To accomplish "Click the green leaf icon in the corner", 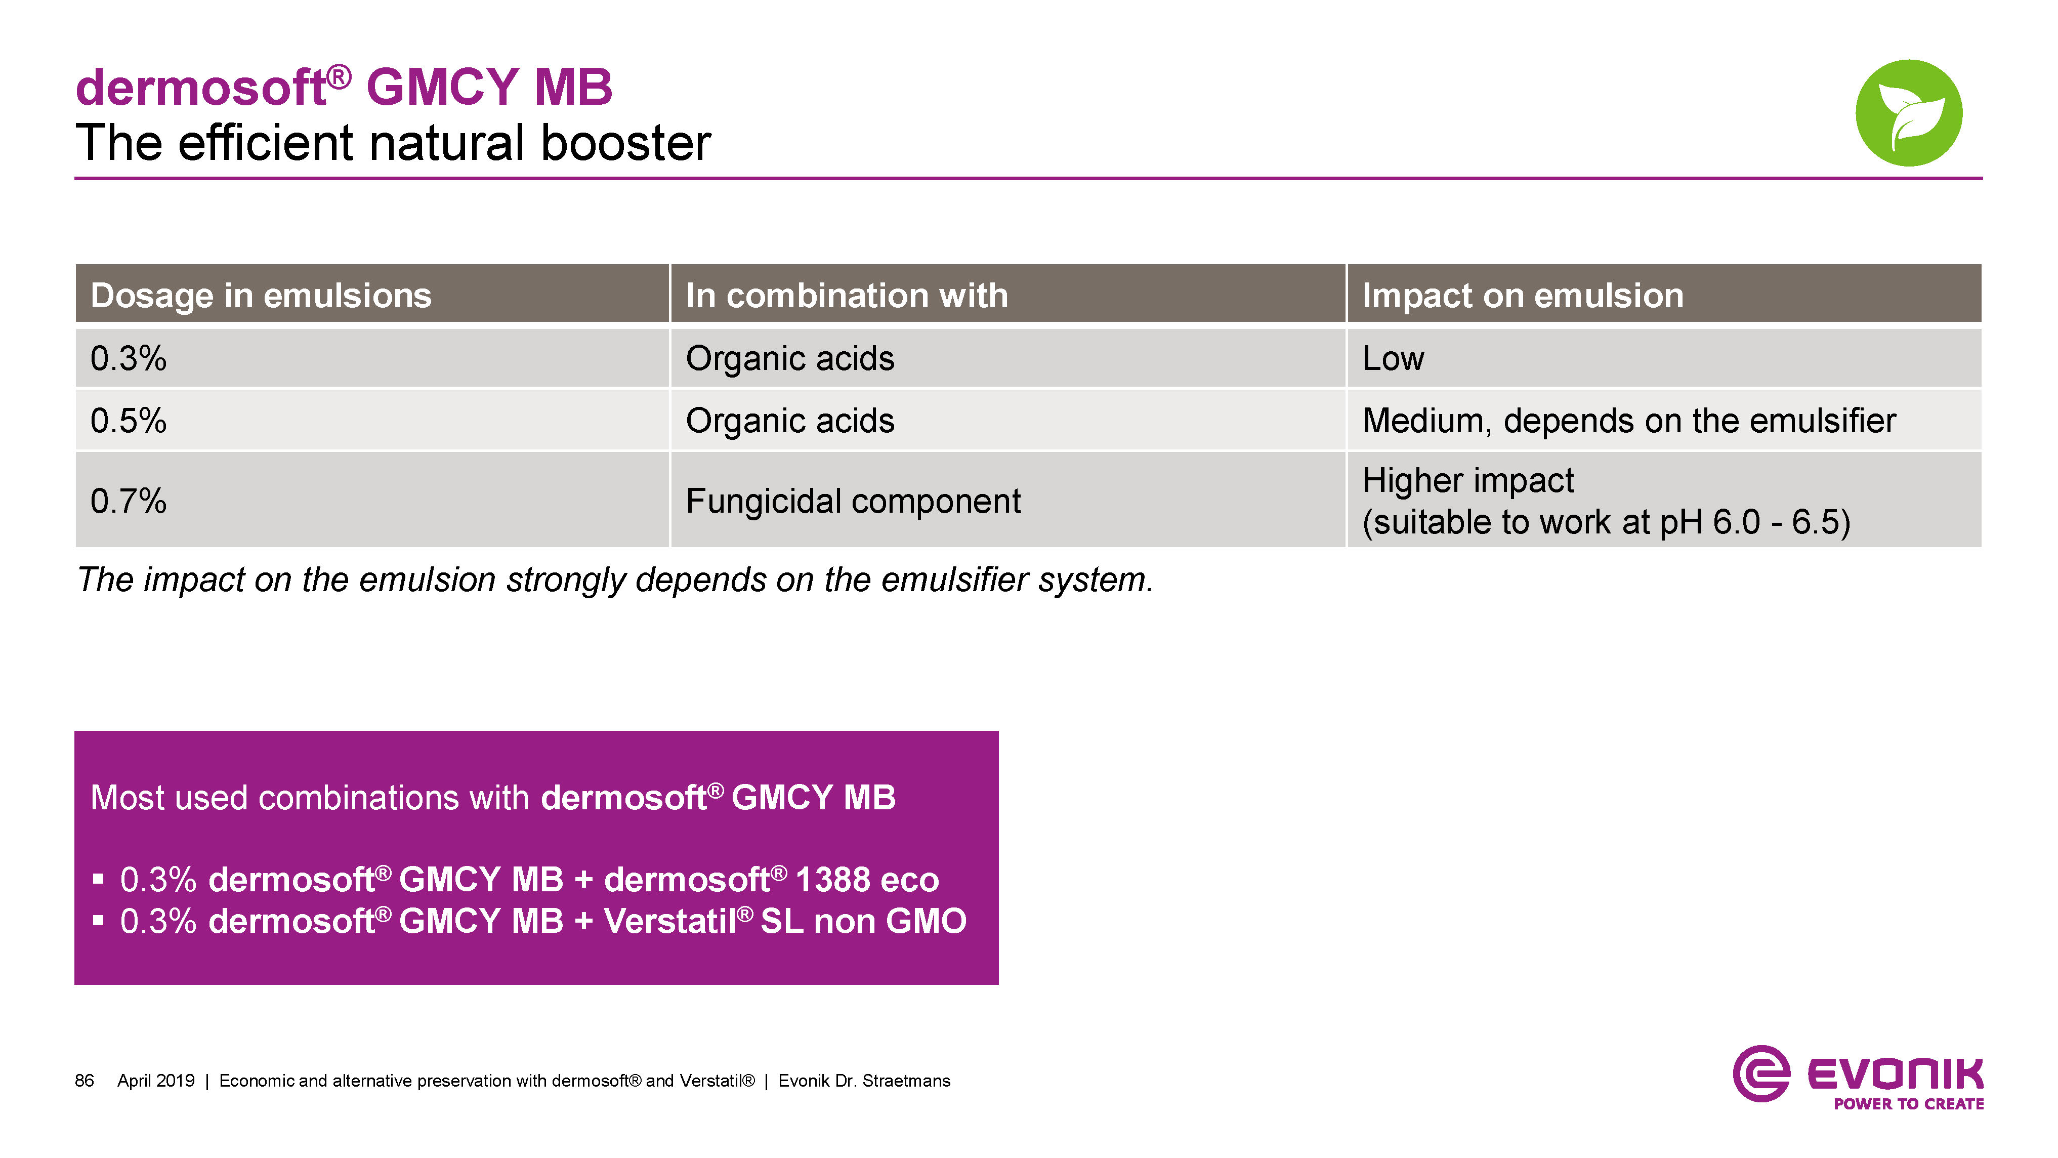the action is point(1909,113).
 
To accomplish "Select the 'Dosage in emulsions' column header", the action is point(261,295).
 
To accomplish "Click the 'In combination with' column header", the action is point(847,295).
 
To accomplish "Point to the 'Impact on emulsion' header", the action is point(1523,295).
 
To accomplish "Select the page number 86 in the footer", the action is point(84,1081).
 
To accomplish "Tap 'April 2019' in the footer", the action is point(156,1081).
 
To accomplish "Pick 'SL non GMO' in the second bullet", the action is point(864,921).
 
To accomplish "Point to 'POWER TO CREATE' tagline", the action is point(1909,1104).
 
